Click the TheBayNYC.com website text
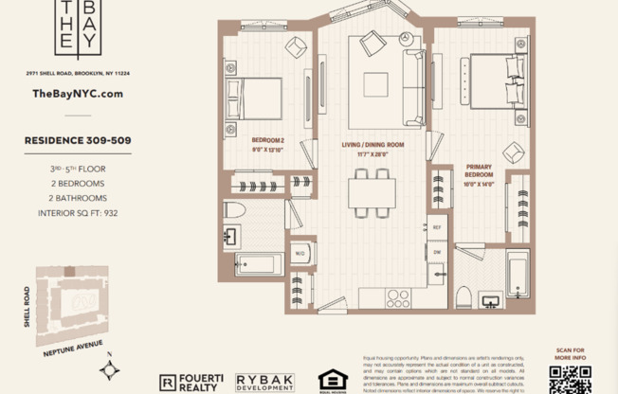pos(78,94)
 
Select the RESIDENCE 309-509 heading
pos(78,140)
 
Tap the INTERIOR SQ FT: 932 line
pos(78,213)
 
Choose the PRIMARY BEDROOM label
pos(479,171)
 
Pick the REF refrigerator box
pos(437,228)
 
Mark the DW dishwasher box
pos(437,253)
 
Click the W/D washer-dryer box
pos(300,254)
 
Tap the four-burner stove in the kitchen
pos(398,298)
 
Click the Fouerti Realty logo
pos(191,381)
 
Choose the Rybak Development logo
pos(264,381)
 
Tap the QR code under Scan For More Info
pos(569,378)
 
